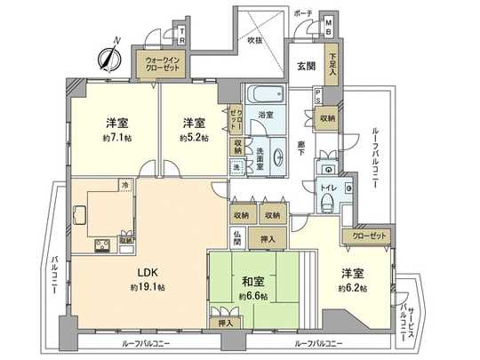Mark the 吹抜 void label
[x=255, y=40]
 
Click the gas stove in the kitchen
[x=100, y=242]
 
